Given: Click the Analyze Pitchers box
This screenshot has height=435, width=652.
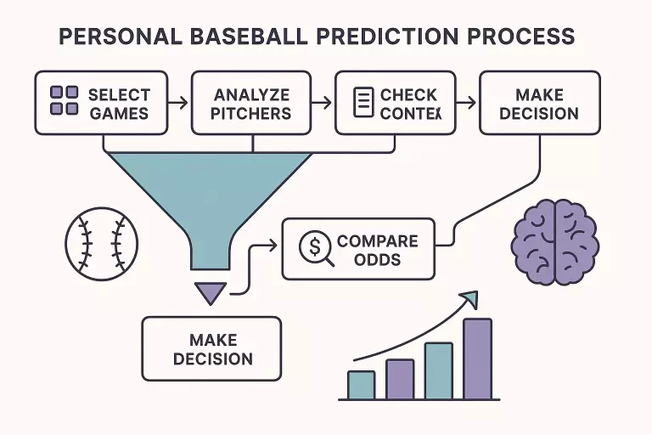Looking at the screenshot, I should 252,103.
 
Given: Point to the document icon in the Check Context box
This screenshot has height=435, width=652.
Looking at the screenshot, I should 363,103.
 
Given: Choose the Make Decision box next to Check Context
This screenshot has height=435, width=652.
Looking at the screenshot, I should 539,103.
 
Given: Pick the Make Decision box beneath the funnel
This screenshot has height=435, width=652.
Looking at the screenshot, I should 211,348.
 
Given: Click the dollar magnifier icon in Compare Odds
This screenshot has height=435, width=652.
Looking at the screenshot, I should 314,247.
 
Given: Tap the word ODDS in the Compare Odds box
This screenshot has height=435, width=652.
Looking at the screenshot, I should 377,259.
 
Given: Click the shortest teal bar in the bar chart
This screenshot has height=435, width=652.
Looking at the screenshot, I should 361,385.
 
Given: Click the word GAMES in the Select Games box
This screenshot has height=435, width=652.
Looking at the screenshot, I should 119,112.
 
